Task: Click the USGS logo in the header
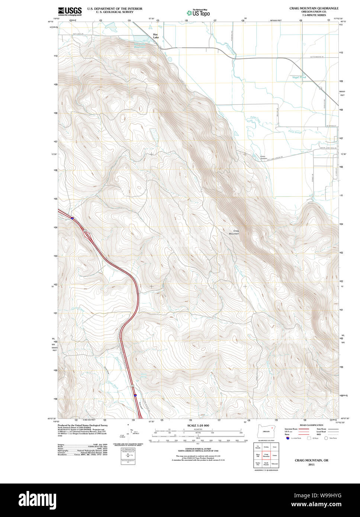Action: (70, 11)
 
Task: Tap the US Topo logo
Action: (198, 13)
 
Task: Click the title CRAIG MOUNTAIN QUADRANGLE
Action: (314, 8)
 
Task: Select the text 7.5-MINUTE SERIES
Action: (314, 15)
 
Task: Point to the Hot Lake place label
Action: (156, 36)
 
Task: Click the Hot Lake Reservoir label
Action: (140, 45)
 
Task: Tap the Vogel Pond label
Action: (299, 77)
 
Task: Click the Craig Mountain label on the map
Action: (234, 232)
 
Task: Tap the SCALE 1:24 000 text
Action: (198, 426)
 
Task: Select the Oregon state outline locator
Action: (266, 431)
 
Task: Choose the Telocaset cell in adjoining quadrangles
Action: (275, 463)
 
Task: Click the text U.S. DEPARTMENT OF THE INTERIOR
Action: (115, 9)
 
